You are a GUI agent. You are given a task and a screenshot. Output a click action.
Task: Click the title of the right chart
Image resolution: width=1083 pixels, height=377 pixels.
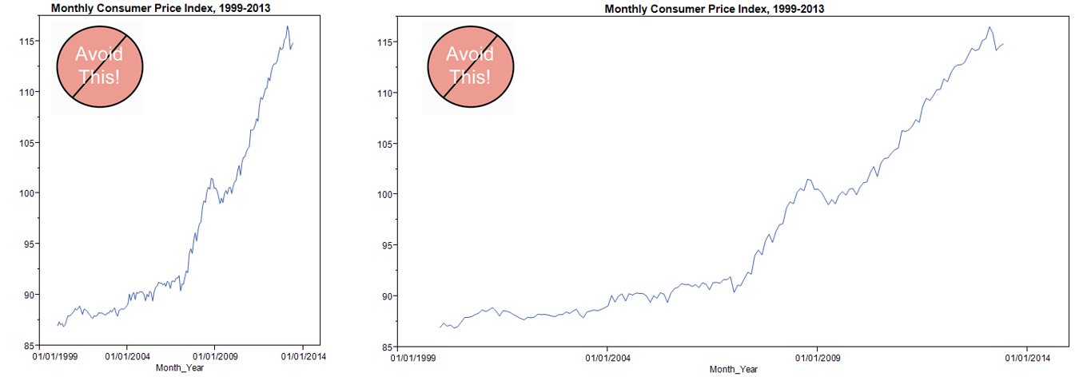pyautogui.click(x=715, y=9)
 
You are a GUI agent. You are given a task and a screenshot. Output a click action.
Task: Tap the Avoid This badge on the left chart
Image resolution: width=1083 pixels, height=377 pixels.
pyautogui.click(x=99, y=67)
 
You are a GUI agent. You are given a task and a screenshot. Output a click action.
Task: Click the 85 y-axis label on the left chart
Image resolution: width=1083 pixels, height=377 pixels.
pyautogui.click(x=30, y=345)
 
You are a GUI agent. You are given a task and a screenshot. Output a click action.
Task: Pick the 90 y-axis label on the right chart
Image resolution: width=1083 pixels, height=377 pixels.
pyautogui.click(x=384, y=296)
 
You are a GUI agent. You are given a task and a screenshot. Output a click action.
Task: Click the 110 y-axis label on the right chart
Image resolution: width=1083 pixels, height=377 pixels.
pyautogui.click(x=382, y=93)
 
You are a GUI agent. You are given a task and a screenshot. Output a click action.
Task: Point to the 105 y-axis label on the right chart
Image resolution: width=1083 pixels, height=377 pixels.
pyautogui.click(x=382, y=144)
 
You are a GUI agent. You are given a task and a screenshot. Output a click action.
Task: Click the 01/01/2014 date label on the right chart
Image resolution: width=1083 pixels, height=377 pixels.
pyautogui.click(x=1027, y=359)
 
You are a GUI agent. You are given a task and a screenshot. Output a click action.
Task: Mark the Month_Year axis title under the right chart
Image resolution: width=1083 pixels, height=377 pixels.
pyautogui.click(x=734, y=369)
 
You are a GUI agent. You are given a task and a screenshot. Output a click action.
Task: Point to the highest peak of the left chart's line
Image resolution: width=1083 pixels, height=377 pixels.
pyautogui.click(x=288, y=26)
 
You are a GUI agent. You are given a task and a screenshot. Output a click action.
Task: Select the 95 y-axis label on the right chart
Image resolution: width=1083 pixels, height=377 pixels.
pyautogui.click(x=384, y=245)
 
